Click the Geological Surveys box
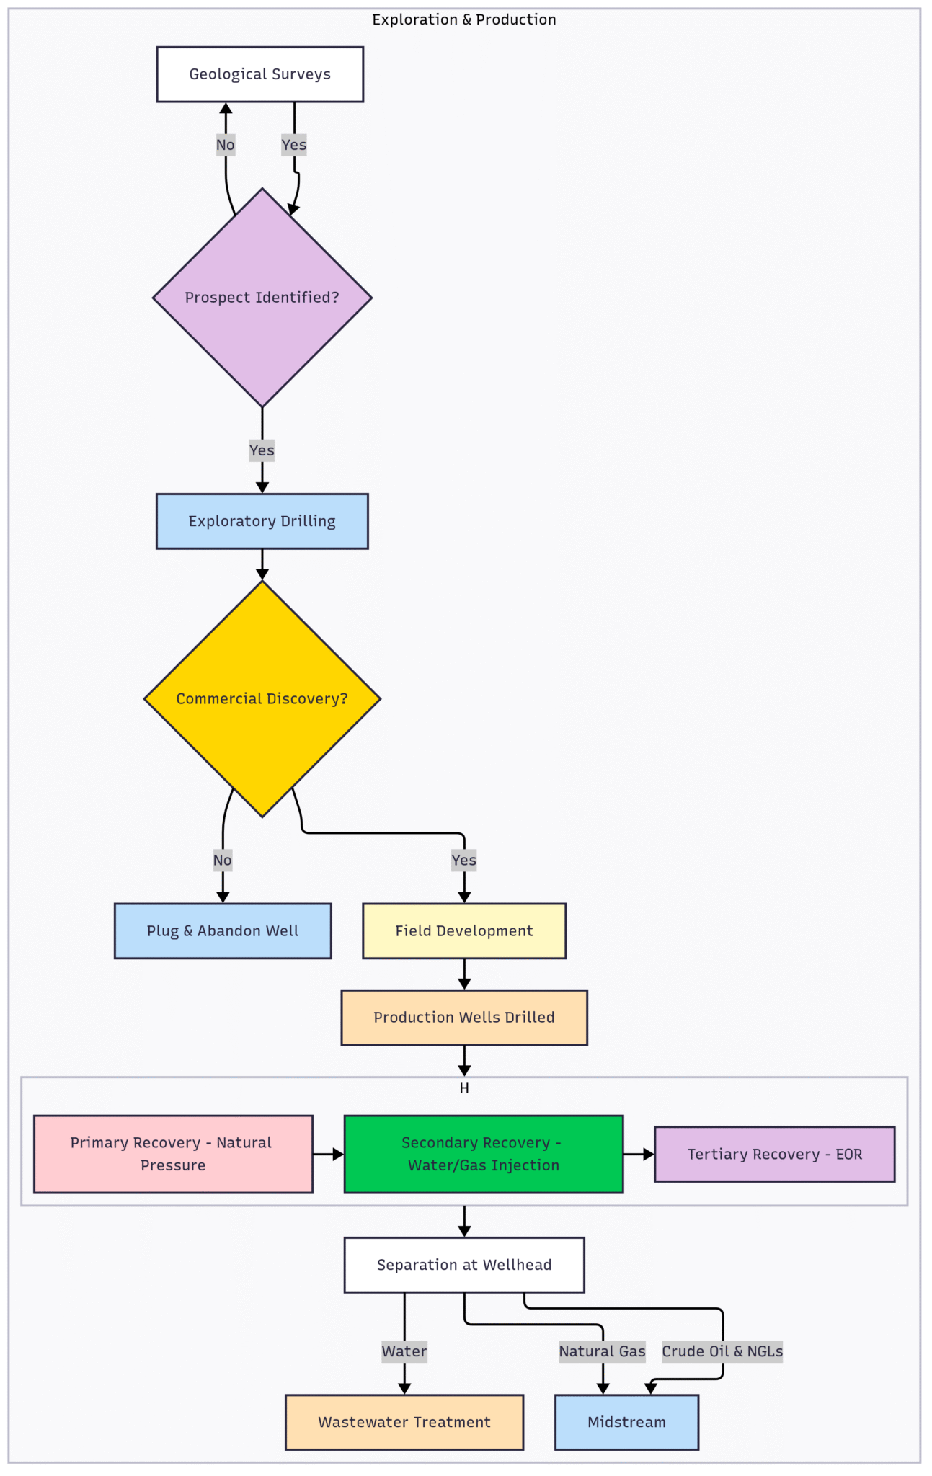point(259,74)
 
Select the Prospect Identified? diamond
point(262,298)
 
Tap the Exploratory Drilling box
point(262,521)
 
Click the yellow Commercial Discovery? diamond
point(262,698)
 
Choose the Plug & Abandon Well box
point(222,930)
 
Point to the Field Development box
point(463,930)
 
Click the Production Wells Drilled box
point(463,1017)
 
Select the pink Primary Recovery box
point(173,1154)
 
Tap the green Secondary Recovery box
point(483,1154)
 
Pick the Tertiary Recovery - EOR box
point(774,1154)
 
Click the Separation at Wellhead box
point(463,1265)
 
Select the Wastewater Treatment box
point(404,1422)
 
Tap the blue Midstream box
point(626,1422)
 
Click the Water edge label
point(404,1351)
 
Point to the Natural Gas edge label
point(602,1351)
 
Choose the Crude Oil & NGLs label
point(722,1351)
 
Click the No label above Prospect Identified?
point(225,145)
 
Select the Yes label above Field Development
point(463,860)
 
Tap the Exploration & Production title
point(463,19)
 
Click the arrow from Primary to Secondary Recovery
point(328,1154)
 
